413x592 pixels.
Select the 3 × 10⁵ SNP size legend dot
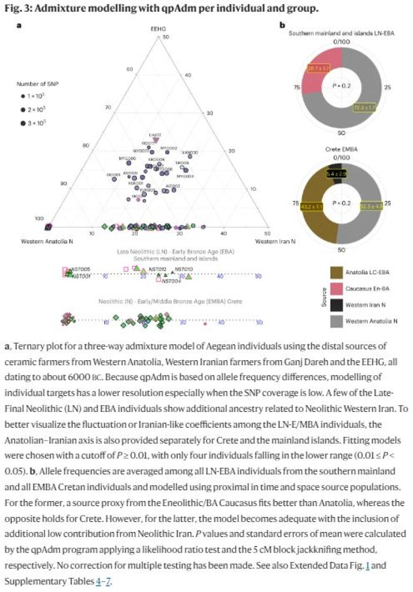click(x=23, y=124)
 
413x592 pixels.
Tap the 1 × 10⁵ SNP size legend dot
click(x=23, y=96)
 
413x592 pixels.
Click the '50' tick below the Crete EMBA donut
click(x=342, y=250)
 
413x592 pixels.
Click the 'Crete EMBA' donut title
click(x=342, y=149)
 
